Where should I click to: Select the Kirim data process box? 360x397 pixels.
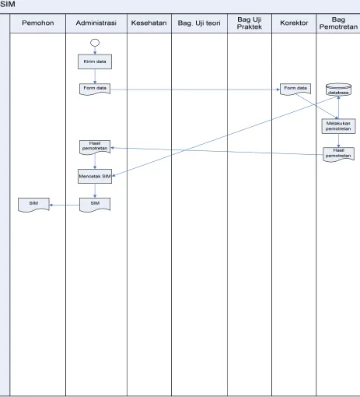pyautogui.click(x=95, y=61)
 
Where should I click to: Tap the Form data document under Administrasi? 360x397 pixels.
pyautogui.click(x=95, y=89)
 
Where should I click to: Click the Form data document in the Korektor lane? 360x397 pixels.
pyautogui.click(x=295, y=89)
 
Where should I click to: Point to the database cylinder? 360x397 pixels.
pyautogui.click(x=338, y=90)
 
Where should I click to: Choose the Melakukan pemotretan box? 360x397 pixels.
pyautogui.click(x=338, y=126)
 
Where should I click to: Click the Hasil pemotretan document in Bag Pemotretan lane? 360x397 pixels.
pyautogui.click(x=338, y=154)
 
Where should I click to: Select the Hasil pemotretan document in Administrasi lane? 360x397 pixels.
pyautogui.click(x=95, y=147)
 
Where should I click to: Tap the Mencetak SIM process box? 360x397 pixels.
pyautogui.click(x=95, y=177)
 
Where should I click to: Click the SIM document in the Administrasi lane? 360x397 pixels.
pyautogui.click(x=95, y=205)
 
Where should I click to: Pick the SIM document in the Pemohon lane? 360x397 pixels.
pyautogui.click(x=33, y=205)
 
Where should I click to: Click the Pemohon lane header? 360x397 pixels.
pyautogui.click(x=38, y=23)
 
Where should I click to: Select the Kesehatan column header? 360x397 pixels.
pyautogui.click(x=149, y=23)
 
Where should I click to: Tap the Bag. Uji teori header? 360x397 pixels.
pyautogui.click(x=199, y=23)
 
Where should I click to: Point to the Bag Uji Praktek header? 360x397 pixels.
pyautogui.click(x=250, y=23)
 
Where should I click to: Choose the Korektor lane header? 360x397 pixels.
pyautogui.click(x=294, y=23)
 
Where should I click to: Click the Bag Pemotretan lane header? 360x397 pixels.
pyautogui.click(x=338, y=23)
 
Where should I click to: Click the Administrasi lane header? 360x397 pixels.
pyautogui.click(x=96, y=23)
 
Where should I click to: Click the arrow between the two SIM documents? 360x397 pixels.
pyautogui.click(x=65, y=205)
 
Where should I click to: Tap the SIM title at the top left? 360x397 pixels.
pyautogui.click(x=8, y=4)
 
